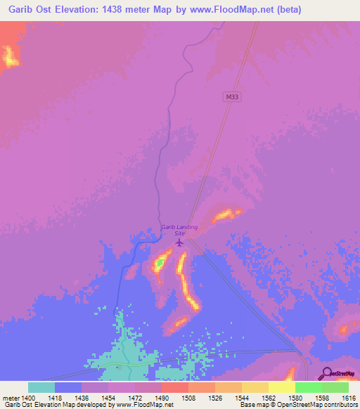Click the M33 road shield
(x=233, y=96)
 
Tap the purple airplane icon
(x=179, y=243)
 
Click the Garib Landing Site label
(x=179, y=230)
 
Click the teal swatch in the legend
(x=41, y=387)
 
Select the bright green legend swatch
(x=309, y=387)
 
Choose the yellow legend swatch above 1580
(x=282, y=387)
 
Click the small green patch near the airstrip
(x=160, y=263)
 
